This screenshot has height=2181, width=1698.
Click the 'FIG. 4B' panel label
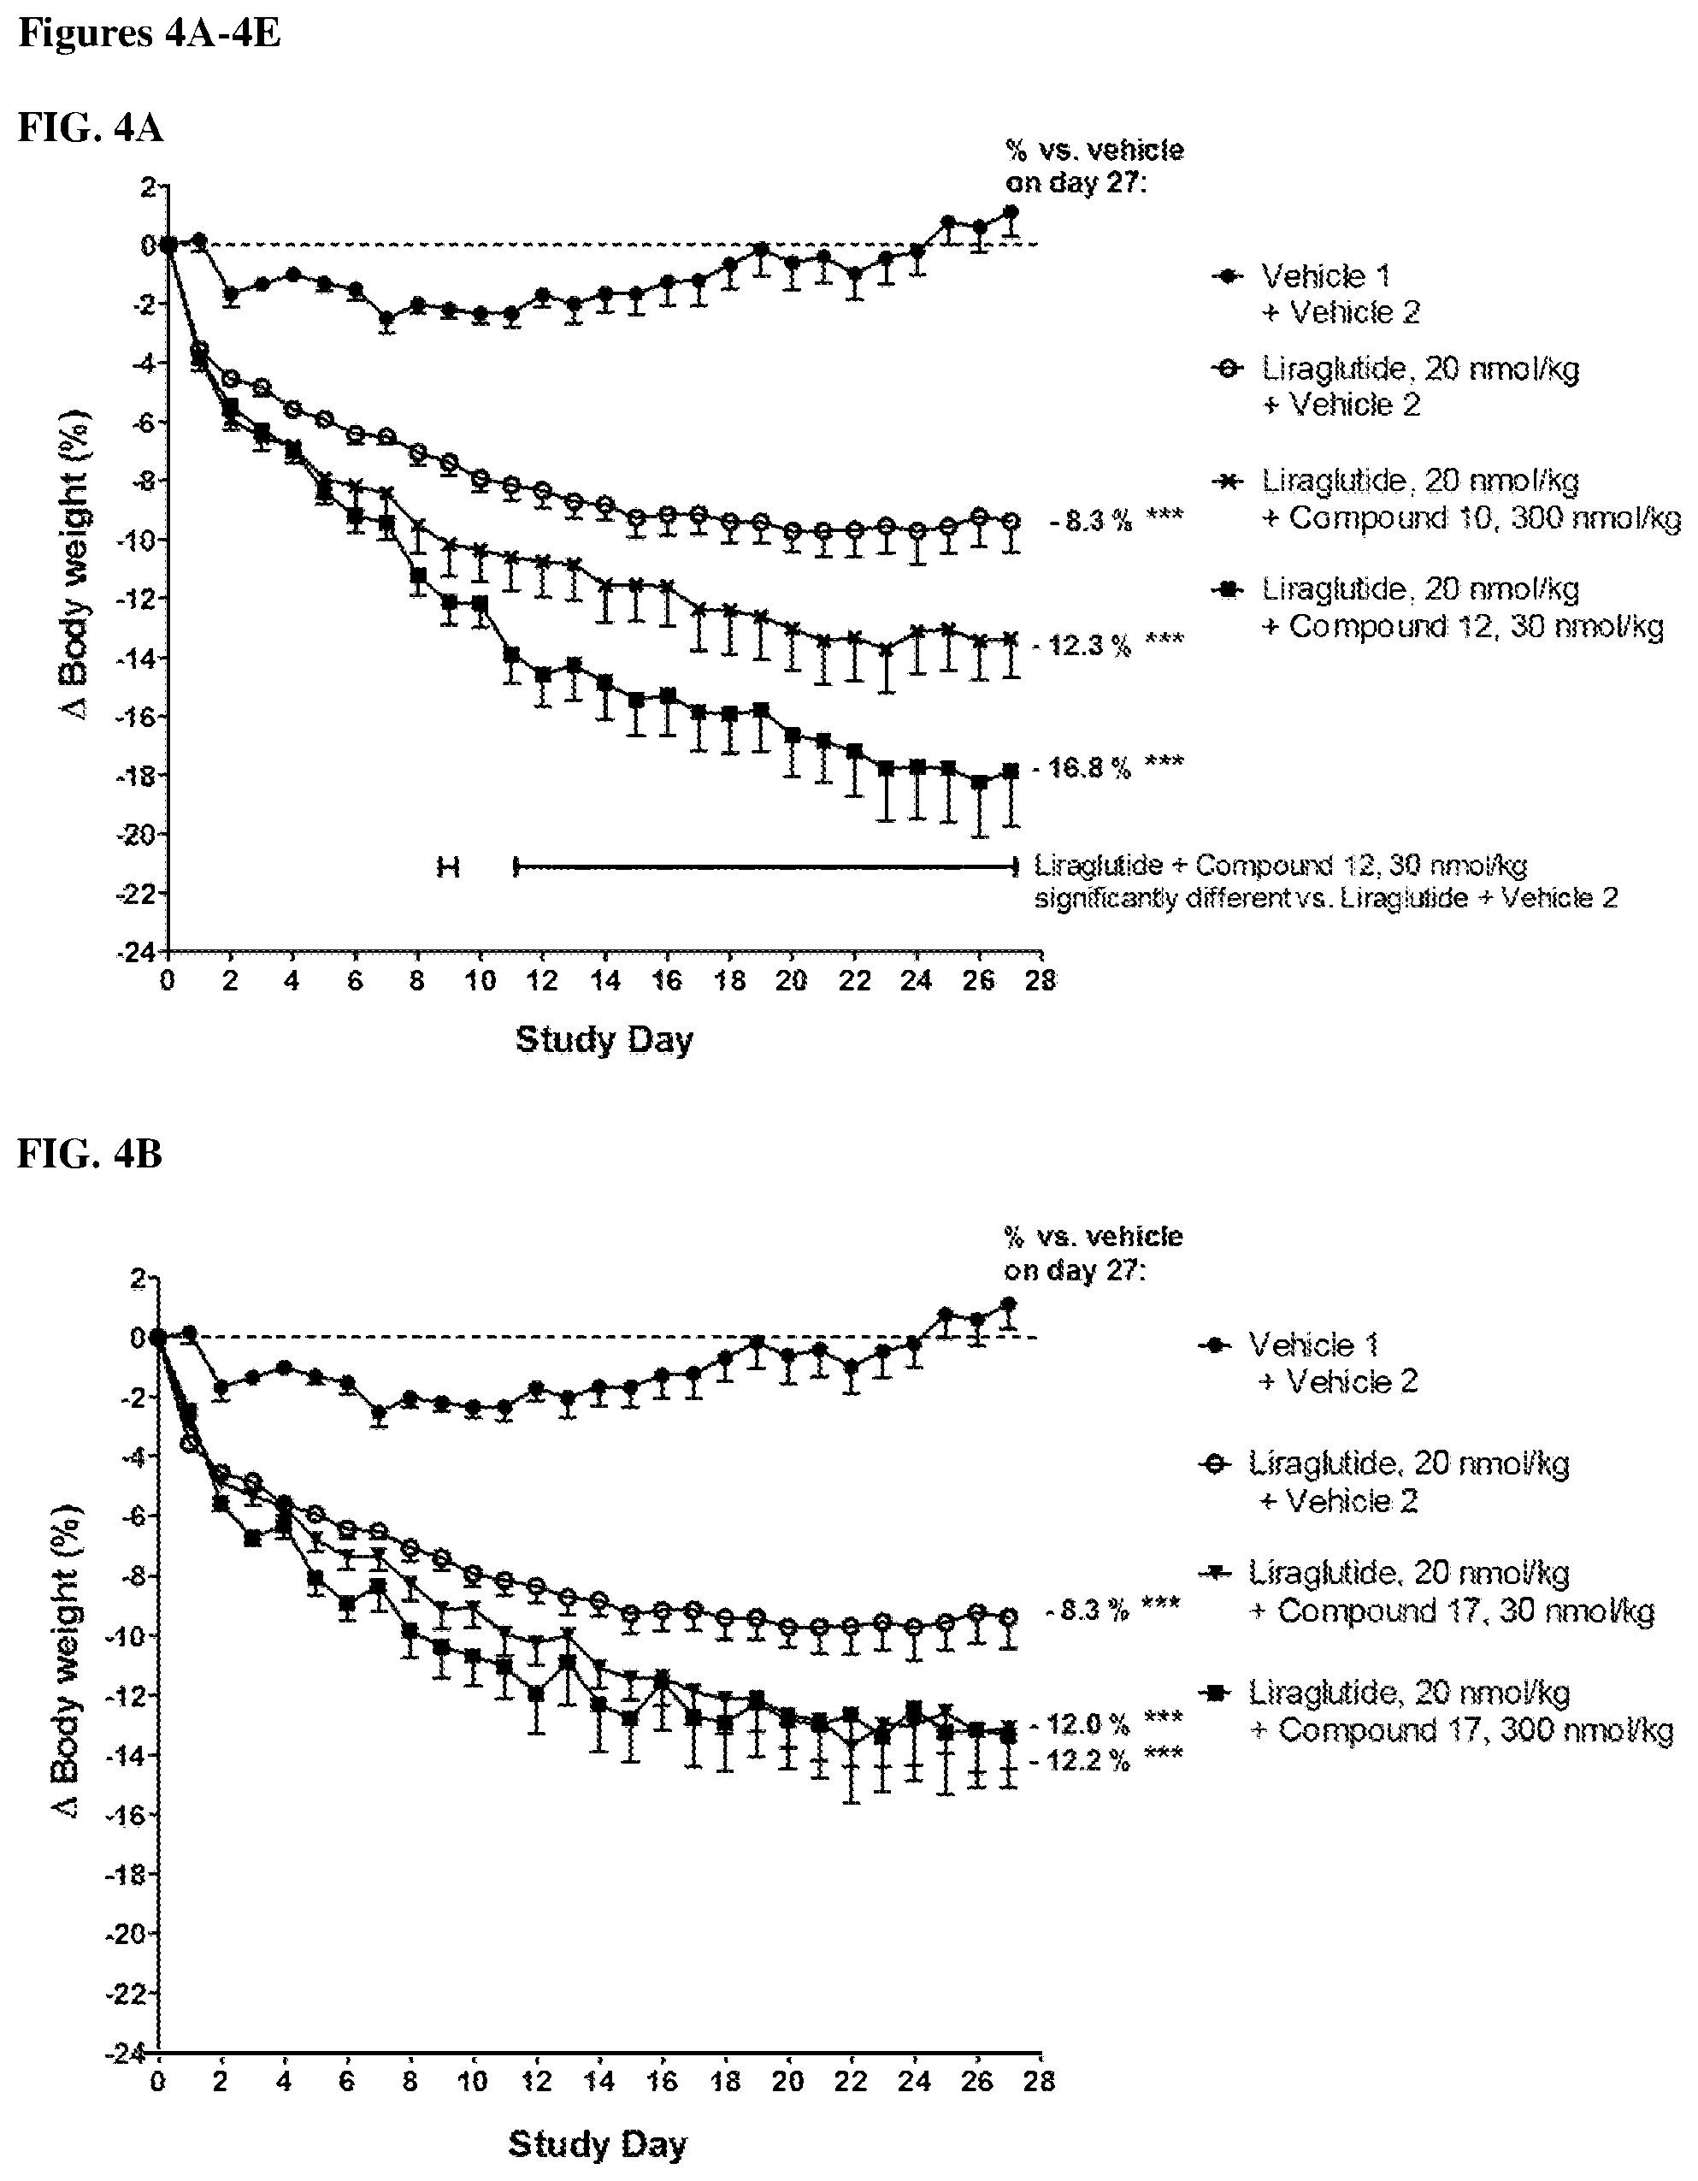[x=90, y=1154]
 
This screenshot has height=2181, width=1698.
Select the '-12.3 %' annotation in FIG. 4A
[x=1082, y=645]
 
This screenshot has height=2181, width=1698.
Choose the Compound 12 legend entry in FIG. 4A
[x=1437, y=608]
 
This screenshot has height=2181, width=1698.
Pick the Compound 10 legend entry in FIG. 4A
[x=1447, y=499]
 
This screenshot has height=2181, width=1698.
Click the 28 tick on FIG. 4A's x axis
[x=1041, y=981]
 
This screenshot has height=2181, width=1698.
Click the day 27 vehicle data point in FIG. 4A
[x=1011, y=213]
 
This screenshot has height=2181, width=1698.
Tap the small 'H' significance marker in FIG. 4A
[x=448, y=866]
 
